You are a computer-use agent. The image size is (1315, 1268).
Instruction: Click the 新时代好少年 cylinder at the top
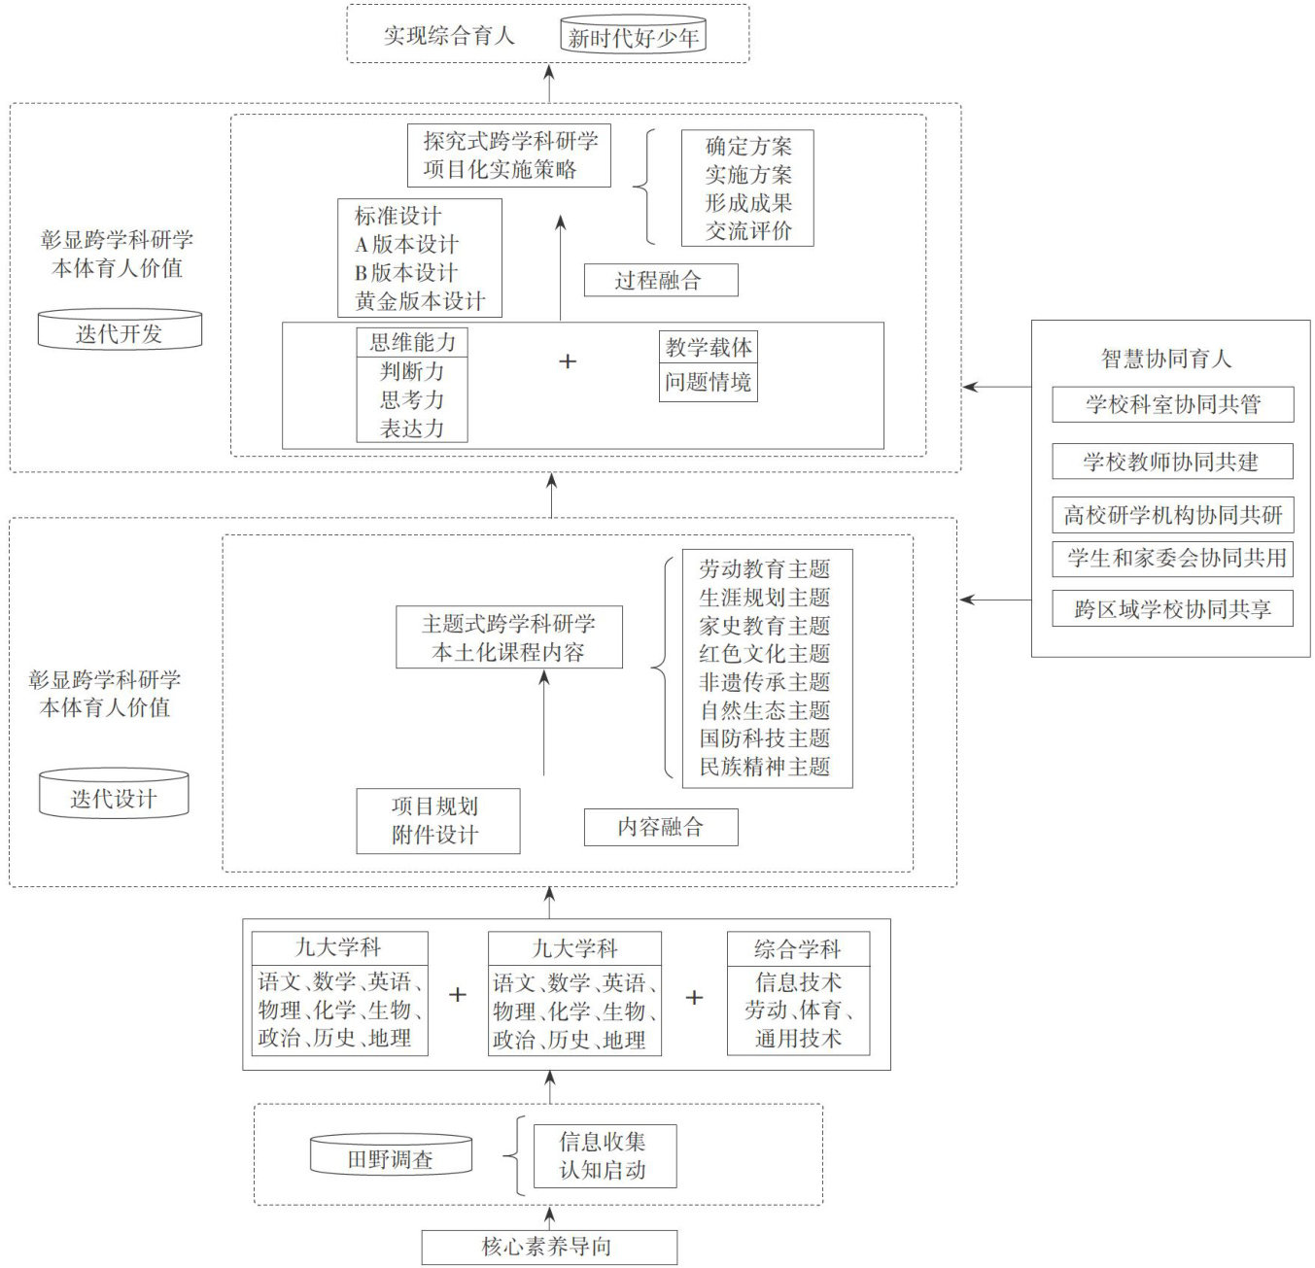pos(633,38)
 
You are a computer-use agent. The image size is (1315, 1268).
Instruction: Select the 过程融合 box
pos(660,281)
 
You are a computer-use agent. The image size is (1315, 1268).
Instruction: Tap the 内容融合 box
pos(660,827)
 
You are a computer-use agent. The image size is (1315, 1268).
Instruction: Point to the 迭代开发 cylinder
pos(120,332)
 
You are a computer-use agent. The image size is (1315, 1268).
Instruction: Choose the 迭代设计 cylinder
pos(114,797)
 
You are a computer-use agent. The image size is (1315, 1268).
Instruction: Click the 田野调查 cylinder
pos(391,1158)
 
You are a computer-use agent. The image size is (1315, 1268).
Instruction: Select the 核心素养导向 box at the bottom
pos(548,1247)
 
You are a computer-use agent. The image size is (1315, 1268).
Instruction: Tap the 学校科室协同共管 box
pos(1172,404)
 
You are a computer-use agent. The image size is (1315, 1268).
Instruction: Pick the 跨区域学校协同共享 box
pos(1172,609)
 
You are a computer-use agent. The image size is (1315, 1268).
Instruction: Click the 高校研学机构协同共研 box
pos(1172,515)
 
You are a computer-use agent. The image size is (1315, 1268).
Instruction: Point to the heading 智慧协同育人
pos(1166,359)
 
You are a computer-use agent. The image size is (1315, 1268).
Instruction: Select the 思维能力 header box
pos(412,342)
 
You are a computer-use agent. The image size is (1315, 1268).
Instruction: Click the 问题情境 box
pos(708,382)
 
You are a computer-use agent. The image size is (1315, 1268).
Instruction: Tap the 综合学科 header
pos(798,948)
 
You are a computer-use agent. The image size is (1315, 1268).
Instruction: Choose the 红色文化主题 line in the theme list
pos(765,653)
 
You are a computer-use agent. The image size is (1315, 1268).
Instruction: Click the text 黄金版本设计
pos(420,301)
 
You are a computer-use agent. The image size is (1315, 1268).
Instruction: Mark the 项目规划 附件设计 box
pos(436,820)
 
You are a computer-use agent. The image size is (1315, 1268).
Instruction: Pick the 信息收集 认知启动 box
pos(604,1155)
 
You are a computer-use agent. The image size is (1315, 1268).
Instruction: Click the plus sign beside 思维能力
pos(568,361)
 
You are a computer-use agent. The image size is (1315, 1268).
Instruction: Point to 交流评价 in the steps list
pos(748,231)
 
